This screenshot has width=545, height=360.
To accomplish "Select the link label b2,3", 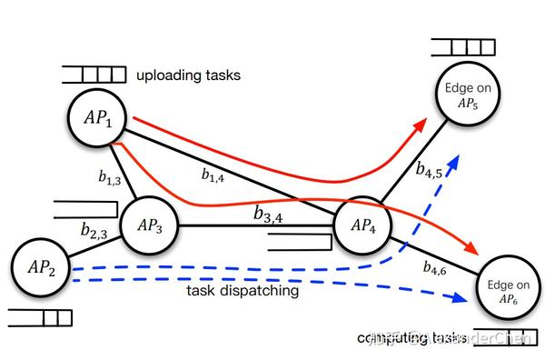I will pyautogui.click(x=94, y=234).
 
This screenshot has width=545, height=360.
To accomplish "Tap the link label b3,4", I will pyautogui.click(x=272, y=215).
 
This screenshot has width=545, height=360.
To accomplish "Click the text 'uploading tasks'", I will pyautogui.click(x=188, y=75).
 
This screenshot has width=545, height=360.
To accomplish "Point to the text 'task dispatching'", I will pyautogui.click(x=242, y=291).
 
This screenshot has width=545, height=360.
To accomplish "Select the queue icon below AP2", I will pyautogui.click(x=39, y=317).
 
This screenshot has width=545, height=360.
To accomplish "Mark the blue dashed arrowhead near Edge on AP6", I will pyautogui.click(x=455, y=298).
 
